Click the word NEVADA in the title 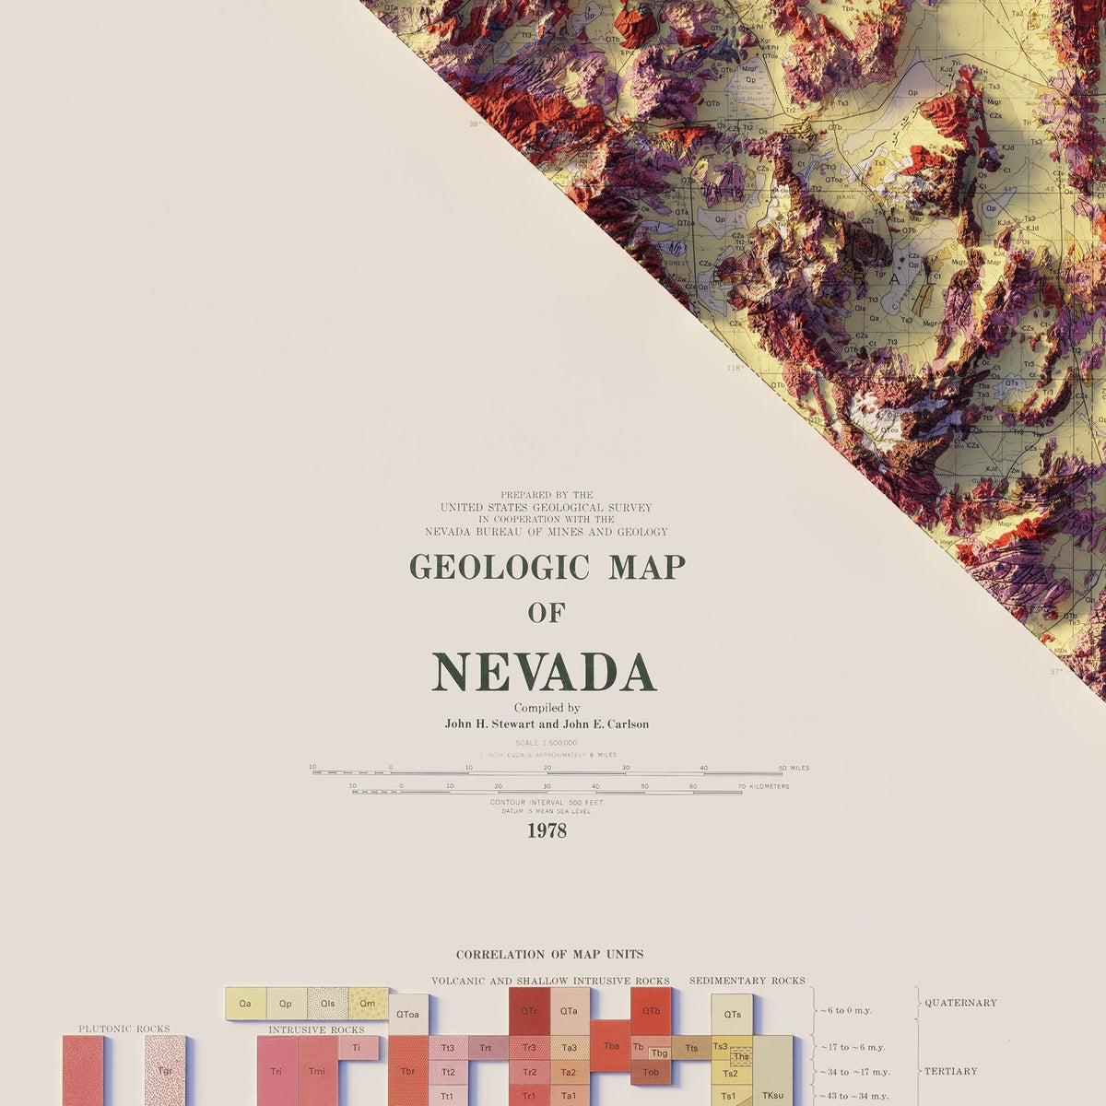[544, 673]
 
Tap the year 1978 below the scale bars [547, 831]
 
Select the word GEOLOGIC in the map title [500, 567]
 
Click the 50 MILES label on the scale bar [794, 768]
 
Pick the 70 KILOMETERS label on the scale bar [763, 786]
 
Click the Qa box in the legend [245, 1004]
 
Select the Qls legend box [327, 1004]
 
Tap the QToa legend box [407, 1015]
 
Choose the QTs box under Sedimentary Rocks [732, 1015]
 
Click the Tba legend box [610, 1046]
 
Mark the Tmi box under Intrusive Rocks [317, 1071]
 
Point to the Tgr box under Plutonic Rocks [165, 1071]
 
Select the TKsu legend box [772, 1096]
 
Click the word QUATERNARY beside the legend [960, 1003]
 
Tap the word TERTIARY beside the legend [950, 1071]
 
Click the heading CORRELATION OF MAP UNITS [549, 955]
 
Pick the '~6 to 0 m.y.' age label [845, 1010]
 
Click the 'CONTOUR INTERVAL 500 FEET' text [547, 803]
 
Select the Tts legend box [691, 1048]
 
